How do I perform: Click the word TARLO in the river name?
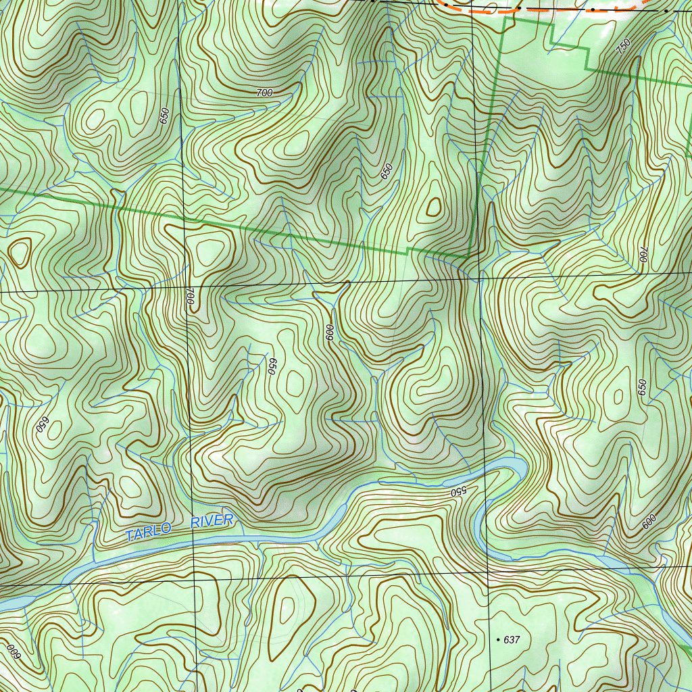[x=147, y=532]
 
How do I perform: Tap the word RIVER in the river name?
[x=212, y=522]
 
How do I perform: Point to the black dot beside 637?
[x=498, y=639]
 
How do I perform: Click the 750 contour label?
[x=623, y=47]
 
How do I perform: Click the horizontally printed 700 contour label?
[x=265, y=93]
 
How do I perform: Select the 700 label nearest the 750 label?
[x=643, y=254]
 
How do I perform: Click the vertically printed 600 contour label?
[x=330, y=332]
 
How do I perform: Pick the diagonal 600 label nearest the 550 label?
[x=649, y=521]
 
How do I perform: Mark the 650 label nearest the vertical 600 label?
[x=272, y=366]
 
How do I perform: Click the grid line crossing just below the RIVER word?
[x=193, y=579]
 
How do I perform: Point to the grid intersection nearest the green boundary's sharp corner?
[x=478, y=277]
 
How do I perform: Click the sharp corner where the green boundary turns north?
[x=468, y=257]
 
